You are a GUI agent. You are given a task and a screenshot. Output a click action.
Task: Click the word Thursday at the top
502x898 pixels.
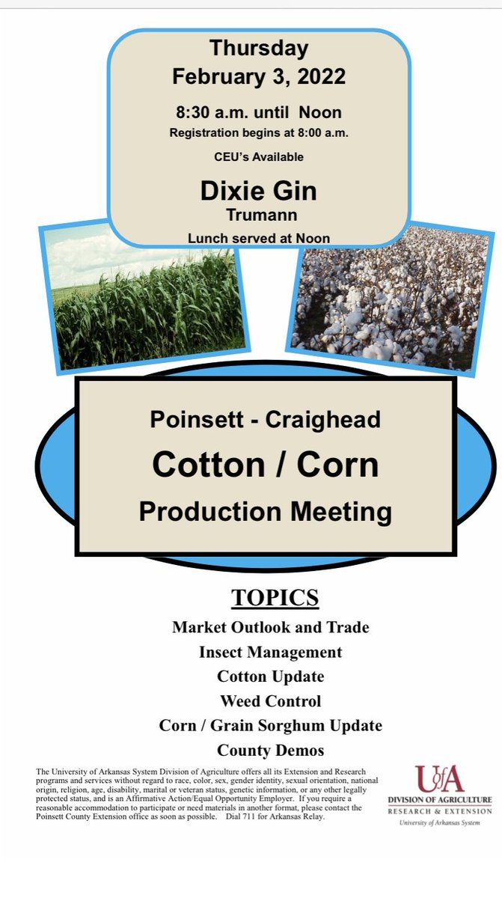tap(259, 49)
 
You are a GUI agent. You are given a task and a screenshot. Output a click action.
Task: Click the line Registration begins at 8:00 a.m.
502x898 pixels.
tap(259, 134)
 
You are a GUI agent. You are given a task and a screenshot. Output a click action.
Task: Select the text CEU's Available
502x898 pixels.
tap(259, 157)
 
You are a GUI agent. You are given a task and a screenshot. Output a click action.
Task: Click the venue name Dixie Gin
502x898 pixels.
tap(259, 191)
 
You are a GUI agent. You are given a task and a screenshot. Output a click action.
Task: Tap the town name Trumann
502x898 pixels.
tap(259, 215)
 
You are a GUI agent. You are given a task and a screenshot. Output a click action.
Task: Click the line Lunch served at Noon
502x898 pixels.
tap(259, 239)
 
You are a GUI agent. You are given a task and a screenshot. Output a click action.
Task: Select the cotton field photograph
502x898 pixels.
tap(389, 299)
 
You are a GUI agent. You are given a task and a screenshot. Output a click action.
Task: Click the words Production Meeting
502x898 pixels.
tap(266, 512)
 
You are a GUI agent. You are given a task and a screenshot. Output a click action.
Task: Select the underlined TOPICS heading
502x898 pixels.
tap(275, 599)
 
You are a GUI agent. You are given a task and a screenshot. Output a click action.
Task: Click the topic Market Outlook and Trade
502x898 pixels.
tap(270, 627)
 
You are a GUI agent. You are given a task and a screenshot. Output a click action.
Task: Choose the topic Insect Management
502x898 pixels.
tap(270, 652)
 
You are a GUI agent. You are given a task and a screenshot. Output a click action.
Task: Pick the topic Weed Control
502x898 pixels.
tap(270, 701)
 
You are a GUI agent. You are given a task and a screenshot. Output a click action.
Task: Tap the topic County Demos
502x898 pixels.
tap(270, 750)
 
